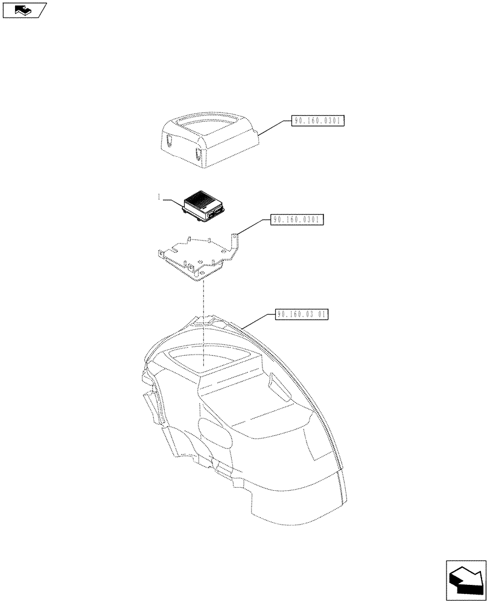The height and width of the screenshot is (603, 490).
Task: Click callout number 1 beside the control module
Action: [x=159, y=197]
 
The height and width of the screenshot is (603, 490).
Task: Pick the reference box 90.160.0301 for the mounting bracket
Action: [x=298, y=220]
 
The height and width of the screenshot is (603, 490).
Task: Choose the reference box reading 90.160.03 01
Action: [x=302, y=314]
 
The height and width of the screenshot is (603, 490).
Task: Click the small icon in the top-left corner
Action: [x=24, y=10]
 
